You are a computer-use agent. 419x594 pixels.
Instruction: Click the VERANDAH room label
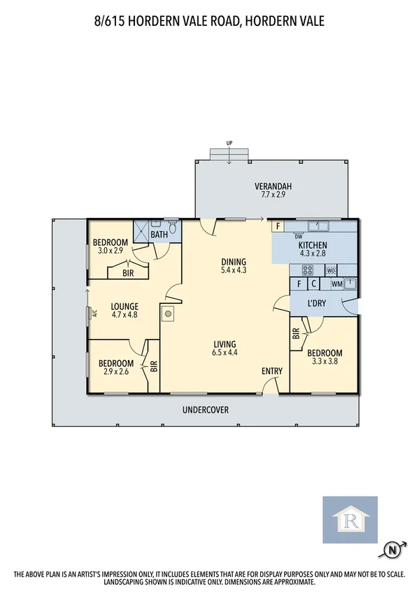tap(273, 186)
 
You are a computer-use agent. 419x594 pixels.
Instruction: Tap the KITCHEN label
tap(313, 245)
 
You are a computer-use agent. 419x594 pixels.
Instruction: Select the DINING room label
tap(234, 259)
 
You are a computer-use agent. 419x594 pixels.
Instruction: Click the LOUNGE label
tap(124, 306)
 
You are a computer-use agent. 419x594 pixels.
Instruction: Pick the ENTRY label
tap(272, 371)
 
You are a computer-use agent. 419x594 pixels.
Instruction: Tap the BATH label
tap(159, 235)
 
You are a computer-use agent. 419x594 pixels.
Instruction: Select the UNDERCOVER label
tap(206, 410)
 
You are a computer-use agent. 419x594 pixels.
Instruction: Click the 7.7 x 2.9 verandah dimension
tap(273, 195)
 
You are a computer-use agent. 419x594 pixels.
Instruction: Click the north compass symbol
tap(392, 551)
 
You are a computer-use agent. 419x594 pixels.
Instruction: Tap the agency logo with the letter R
tap(349, 520)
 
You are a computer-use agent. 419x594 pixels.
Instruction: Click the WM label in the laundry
tap(336, 284)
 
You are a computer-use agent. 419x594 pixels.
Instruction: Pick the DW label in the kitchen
tap(298, 236)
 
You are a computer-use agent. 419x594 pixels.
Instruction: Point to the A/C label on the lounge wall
tap(89, 313)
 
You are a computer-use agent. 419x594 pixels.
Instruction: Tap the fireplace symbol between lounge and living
tap(168, 314)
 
